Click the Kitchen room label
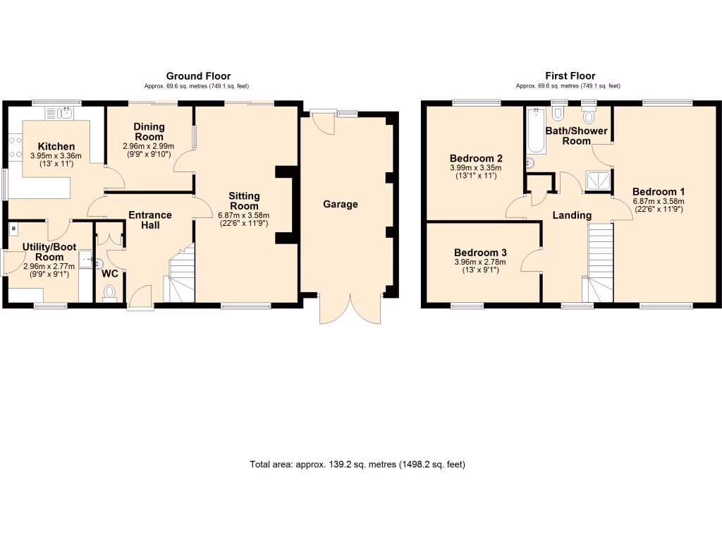coord(56,146)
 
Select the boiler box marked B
coord(13,230)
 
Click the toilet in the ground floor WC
coord(109,291)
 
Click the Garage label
coord(341,205)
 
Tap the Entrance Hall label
coord(149,220)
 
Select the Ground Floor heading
coord(198,76)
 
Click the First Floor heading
coord(570,76)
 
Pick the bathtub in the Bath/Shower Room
coord(534,132)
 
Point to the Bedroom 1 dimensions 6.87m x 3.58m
coord(658,201)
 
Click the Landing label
coord(571,215)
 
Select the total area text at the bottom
coord(357,464)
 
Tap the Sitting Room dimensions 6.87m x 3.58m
coord(244,216)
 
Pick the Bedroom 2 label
coord(475,158)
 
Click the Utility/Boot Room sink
coord(86,260)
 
